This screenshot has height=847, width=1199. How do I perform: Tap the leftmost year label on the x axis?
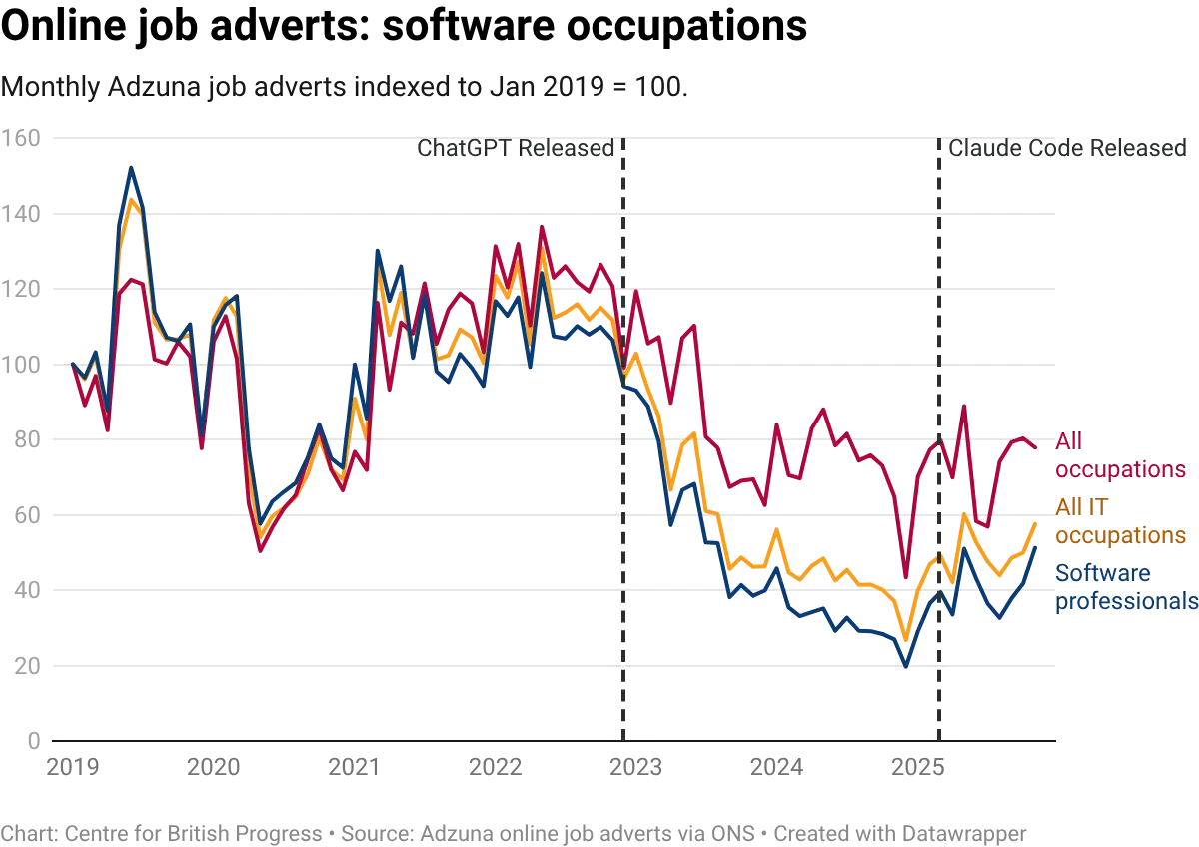coord(72,767)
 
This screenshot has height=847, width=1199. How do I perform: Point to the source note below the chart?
coord(515,831)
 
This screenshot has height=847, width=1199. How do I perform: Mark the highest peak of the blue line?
coord(131,166)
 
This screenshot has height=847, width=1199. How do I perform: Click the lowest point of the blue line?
coord(907,667)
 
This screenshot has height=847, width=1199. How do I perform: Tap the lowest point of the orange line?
coord(906,640)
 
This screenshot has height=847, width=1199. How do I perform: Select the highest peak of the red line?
coord(542,227)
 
